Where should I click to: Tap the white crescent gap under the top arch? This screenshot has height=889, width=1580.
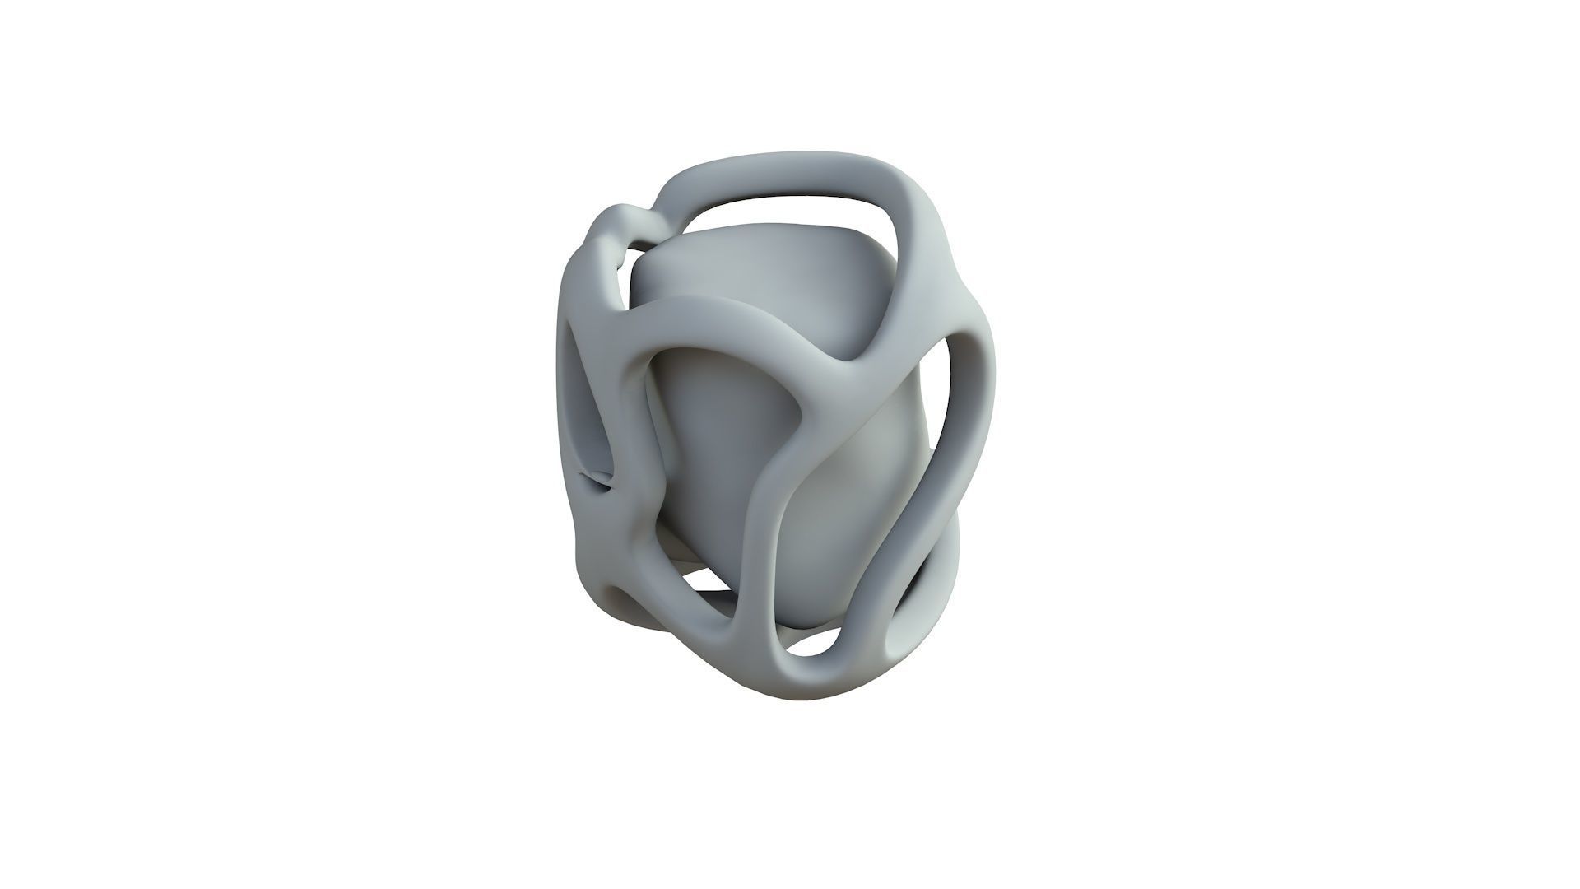point(790,206)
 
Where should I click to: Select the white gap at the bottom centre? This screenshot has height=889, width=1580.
point(815,642)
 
